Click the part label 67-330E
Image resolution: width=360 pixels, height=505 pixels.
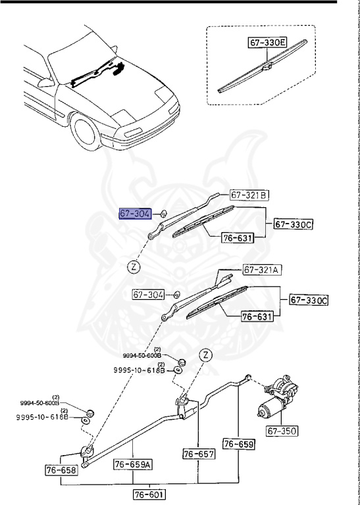(x=268, y=43)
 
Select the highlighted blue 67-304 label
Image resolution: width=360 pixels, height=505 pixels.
(x=135, y=214)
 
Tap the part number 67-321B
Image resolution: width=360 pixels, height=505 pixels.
(x=249, y=195)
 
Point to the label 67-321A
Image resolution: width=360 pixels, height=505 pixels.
(x=262, y=270)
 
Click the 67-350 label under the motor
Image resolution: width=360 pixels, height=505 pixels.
(x=282, y=432)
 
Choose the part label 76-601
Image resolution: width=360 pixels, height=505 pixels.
(x=149, y=494)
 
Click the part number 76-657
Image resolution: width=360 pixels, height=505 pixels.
(x=199, y=454)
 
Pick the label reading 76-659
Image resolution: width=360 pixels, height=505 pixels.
(x=238, y=445)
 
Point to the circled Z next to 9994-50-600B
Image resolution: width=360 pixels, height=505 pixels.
(x=205, y=354)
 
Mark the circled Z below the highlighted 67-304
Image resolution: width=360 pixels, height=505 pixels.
(x=134, y=267)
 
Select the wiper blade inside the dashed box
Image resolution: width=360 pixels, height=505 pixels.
(x=263, y=69)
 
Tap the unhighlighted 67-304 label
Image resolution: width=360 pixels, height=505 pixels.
(x=148, y=295)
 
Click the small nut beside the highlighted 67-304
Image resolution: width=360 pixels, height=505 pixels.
(x=164, y=214)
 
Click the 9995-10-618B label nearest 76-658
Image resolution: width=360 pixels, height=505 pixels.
(x=42, y=417)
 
